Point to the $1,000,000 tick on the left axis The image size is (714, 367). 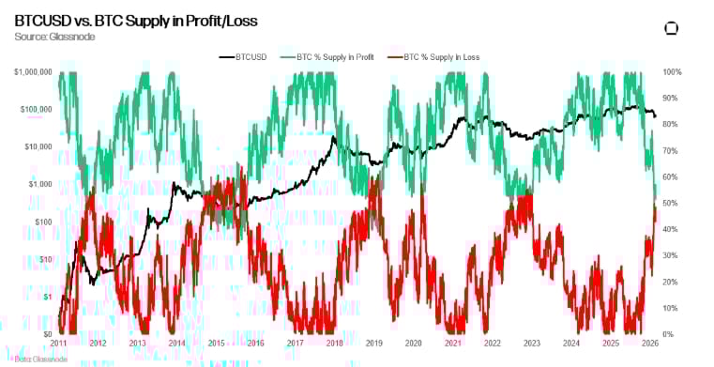click(x=32, y=72)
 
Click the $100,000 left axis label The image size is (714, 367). click(x=35, y=110)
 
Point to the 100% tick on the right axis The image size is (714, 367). click(x=672, y=72)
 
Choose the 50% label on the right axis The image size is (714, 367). click(x=670, y=204)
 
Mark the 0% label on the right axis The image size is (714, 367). click(x=668, y=334)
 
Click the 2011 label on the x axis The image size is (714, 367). click(x=58, y=344)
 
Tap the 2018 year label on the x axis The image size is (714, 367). click(x=334, y=344)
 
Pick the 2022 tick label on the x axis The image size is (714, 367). click(x=491, y=344)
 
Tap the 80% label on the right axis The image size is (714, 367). click(x=670, y=125)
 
